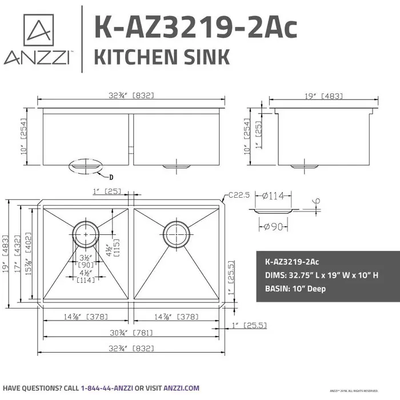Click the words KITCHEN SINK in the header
tap(161, 57)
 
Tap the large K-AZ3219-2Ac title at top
tap(195, 26)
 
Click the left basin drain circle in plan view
tap(86, 232)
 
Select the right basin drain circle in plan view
tap(177, 232)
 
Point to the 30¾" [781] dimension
tap(132, 333)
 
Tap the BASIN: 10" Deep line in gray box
tap(295, 289)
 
